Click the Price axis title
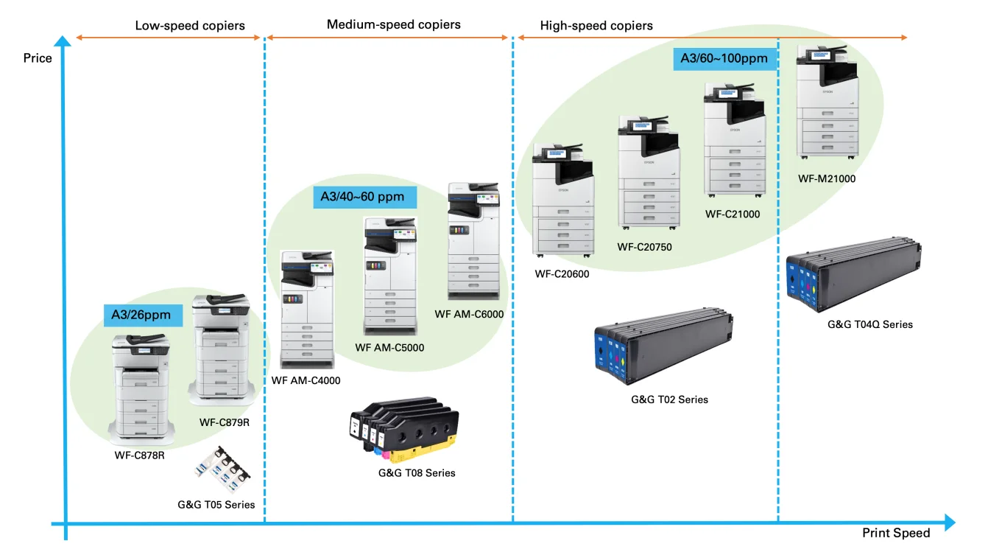coord(38,58)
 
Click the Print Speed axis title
coord(896,533)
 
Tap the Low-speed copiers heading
coord(190,26)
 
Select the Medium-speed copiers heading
coord(393,25)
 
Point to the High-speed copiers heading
coord(596,26)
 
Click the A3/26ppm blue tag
coord(141,315)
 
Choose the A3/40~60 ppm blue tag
coord(364,197)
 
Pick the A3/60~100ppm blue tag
coord(725,58)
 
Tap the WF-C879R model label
coord(230,423)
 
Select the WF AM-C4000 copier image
coord(307,310)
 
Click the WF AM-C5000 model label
coord(389,348)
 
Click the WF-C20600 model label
coord(562,274)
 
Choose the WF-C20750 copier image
coord(649,176)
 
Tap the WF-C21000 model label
coord(732,214)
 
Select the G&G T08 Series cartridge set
coord(403,428)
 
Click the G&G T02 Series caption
coord(669,399)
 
